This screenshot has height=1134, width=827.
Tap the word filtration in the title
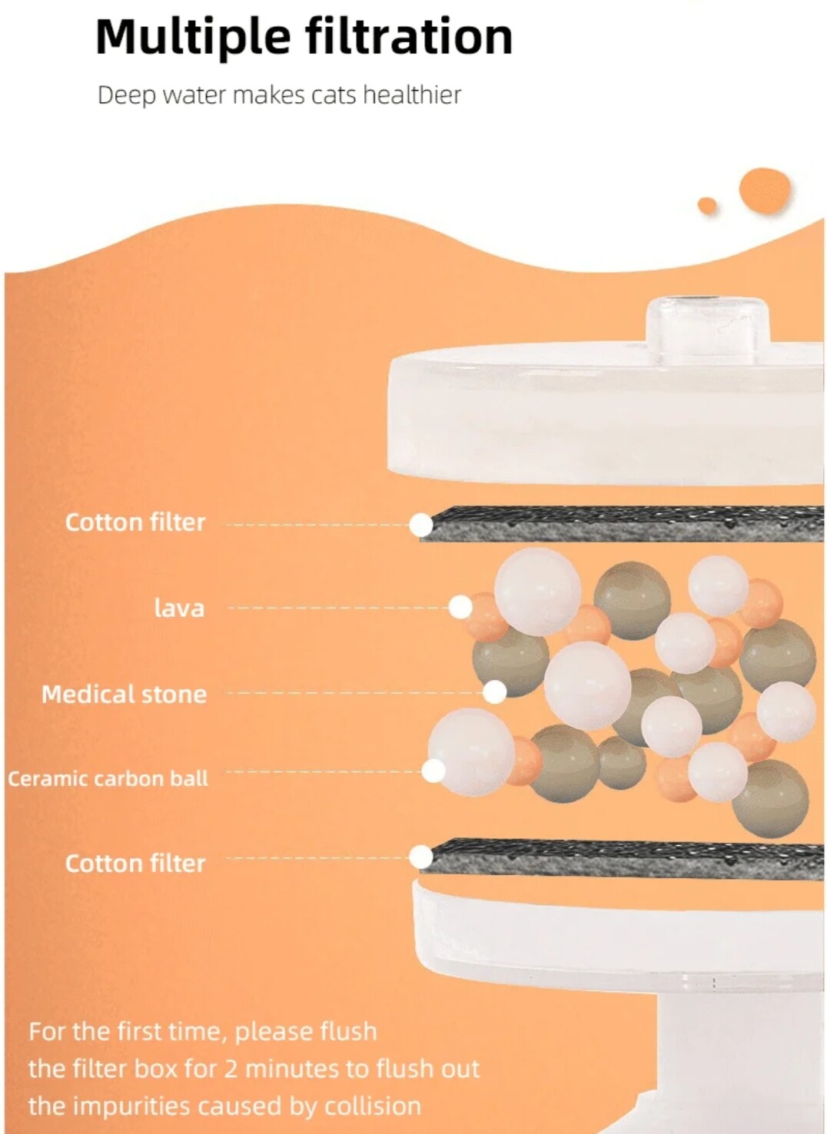pyautogui.click(x=410, y=36)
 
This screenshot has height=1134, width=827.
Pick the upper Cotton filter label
pyautogui.click(x=135, y=522)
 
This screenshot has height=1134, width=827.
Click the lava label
pyautogui.click(x=179, y=608)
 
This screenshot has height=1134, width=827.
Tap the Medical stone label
pyautogui.click(x=124, y=694)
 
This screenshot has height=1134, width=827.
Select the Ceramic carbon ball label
pyautogui.click(x=108, y=778)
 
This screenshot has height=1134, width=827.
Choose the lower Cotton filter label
pyautogui.click(x=135, y=863)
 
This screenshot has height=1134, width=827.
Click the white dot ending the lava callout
pyautogui.click(x=460, y=606)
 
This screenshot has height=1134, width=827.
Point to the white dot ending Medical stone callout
pyautogui.click(x=495, y=692)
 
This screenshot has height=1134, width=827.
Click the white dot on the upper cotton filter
pyautogui.click(x=421, y=525)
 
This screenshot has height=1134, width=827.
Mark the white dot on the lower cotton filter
pyautogui.click(x=421, y=857)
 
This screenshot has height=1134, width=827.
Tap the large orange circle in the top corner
pyautogui.click(x=765, y=191)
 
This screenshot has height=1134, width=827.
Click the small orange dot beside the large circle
pyautogui.click(x=707, y=205)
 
